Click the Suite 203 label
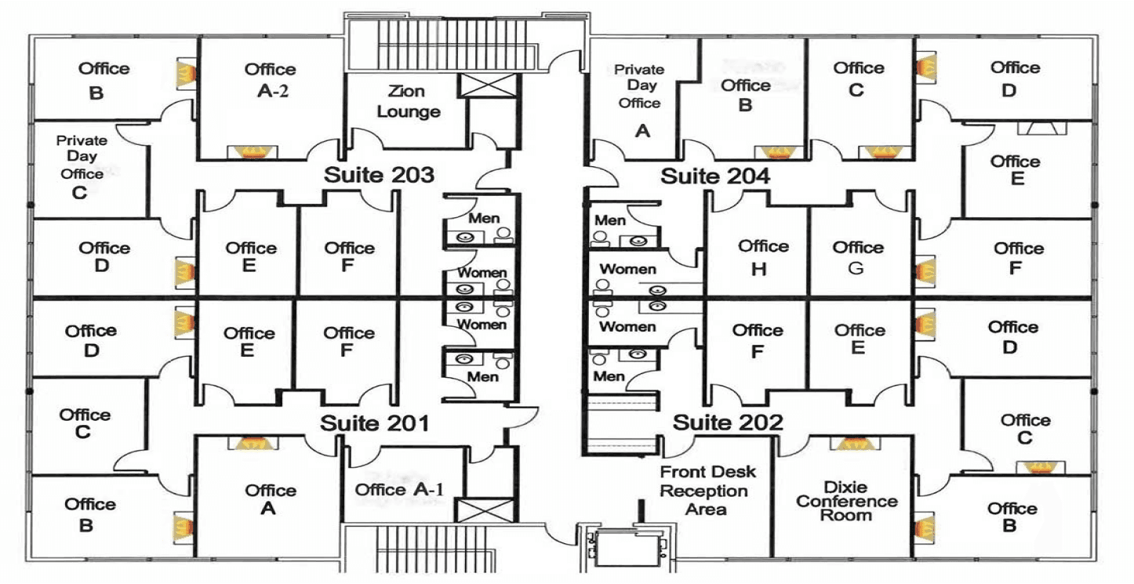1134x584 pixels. pos(379,175)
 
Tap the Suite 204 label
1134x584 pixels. pos(714,176)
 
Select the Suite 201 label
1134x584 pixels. pos(375,423)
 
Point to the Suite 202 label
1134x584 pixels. pos(728,423)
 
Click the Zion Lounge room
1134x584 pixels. pos(408,102)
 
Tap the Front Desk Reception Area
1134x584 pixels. pos(707,491)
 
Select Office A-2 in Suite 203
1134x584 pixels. pos(270,79)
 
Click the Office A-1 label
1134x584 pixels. pos(399,490)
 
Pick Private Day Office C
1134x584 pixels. pos(81,166)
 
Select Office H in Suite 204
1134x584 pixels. pos(762,257)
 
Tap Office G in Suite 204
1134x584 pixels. pos(858,257)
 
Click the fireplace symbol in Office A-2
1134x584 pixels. pos(250,151)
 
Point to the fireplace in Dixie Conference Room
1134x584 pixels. pos(852,443)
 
